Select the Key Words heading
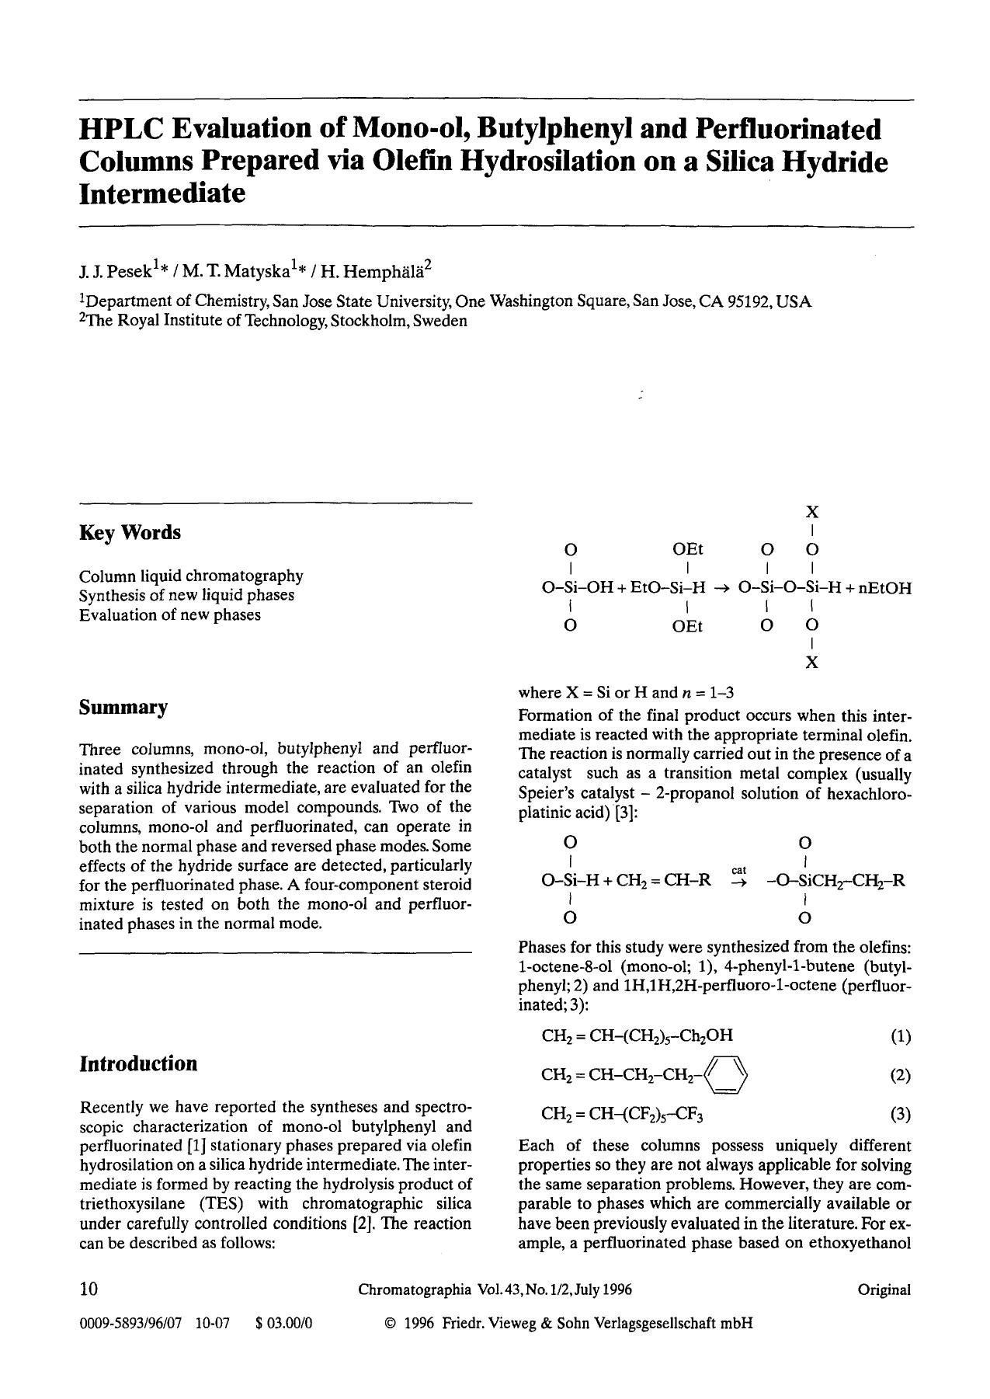coord(130,533)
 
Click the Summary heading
coord(123,708)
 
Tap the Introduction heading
coord(138,1063)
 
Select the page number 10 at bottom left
coord(89,1289)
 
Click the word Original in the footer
coord(884,1290)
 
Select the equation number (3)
coord(900,1115)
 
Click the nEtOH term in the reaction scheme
coord(886,588)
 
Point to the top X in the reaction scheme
coord(811,512)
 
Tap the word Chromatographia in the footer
coord(415,1290)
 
